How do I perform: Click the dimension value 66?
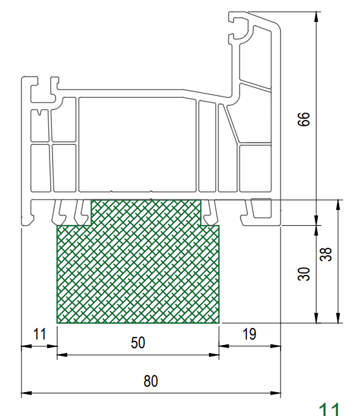coord(304,119)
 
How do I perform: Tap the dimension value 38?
coord(326,254)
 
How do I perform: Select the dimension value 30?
coord(304,274)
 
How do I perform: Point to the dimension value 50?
coord(138,343)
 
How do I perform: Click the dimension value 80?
coord(151,381)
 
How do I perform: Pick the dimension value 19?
coord(249,334)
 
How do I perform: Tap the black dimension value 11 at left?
coord(40,334)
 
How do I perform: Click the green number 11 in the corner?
coord(329,409)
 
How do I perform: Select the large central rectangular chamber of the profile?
coord(138,144)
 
